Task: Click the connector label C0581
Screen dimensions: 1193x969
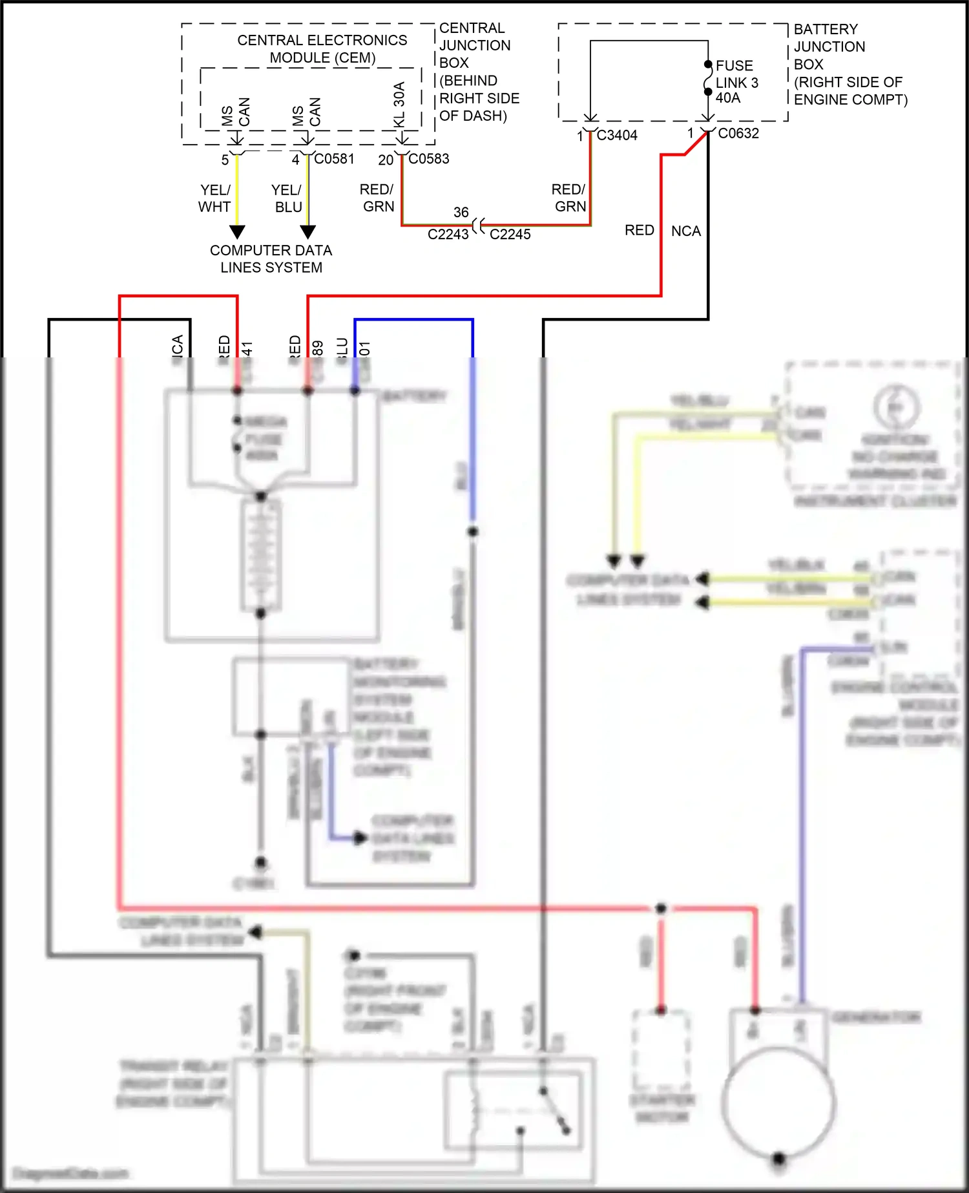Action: click(334, 159)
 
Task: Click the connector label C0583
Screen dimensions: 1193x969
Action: click(428, 159)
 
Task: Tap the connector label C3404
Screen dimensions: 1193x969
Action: click(617, 136)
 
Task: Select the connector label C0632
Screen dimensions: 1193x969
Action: click(738, 134)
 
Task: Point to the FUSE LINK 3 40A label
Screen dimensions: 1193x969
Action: click(736, 82)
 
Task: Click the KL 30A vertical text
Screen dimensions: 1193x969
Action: click(399, 105)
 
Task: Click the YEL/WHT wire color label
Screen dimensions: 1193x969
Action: click(214, 198)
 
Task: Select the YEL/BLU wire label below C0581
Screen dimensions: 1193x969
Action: click(287, 198)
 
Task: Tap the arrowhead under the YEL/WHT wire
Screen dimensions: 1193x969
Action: click(238, 232)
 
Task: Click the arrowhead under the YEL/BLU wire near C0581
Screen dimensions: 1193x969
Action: click(308, 232)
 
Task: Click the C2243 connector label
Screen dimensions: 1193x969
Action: click(448, 235)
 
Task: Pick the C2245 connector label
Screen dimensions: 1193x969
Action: click(510, 235)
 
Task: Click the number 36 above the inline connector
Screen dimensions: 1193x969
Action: click(461, 213)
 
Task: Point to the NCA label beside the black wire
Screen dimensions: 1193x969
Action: click(685, 231)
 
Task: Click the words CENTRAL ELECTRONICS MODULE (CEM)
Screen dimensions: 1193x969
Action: click(322, 49)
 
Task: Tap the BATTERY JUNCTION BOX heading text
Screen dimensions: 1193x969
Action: click(829, 47)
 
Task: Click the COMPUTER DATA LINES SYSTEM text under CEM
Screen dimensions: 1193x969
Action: click(271, 259)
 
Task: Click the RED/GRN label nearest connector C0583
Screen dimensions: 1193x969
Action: click(378, 198)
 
